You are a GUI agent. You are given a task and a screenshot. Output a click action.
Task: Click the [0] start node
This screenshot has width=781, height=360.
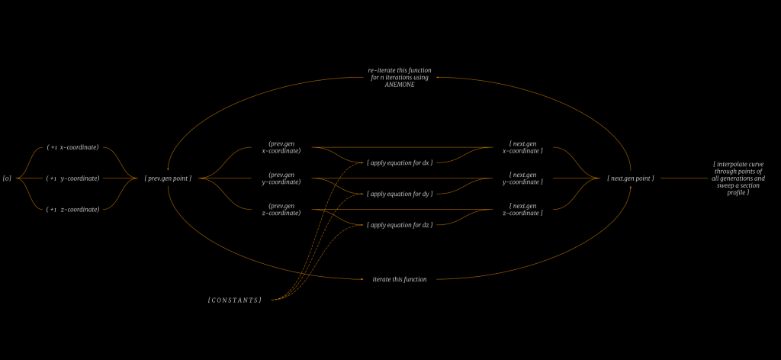click(x=7, y=178)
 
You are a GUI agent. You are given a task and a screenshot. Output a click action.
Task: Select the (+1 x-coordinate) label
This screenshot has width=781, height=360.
click(x=73, y=147)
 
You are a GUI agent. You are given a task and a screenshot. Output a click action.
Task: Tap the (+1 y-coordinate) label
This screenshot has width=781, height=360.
click(x=73, y=178)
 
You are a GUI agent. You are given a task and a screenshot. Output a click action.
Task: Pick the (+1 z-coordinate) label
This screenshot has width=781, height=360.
click(x=73, y=209)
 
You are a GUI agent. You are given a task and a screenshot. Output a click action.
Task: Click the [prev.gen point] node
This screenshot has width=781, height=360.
click(x=167, y=178)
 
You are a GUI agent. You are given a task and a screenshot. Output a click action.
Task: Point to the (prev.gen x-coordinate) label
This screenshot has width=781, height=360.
click(x=281, y=147)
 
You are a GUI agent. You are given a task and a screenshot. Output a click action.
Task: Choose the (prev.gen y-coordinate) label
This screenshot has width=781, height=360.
click(x=281, y=178)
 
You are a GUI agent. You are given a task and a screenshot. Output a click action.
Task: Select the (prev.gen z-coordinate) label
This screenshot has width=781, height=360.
click(x=281, y=209)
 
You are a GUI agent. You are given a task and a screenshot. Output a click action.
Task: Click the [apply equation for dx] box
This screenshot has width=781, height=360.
click(x=400, y=162)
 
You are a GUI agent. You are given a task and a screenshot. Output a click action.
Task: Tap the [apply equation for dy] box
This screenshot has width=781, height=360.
click(x=400, y=194)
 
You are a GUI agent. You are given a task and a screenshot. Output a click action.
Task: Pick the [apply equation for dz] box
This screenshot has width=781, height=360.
click(x=400, y=225)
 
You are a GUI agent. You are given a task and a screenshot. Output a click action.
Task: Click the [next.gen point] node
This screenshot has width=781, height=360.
click(x=630, y=178)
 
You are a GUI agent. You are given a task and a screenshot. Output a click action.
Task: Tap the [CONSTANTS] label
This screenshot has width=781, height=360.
click(x=235, y=300)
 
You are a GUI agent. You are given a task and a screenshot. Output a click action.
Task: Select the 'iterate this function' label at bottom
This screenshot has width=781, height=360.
click(x=399, y=279)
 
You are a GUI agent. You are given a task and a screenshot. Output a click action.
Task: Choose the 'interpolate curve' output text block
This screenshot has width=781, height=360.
click(x=738, y=178)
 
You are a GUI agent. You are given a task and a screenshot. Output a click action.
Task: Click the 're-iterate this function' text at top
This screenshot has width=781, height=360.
click(x=399, y=71)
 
